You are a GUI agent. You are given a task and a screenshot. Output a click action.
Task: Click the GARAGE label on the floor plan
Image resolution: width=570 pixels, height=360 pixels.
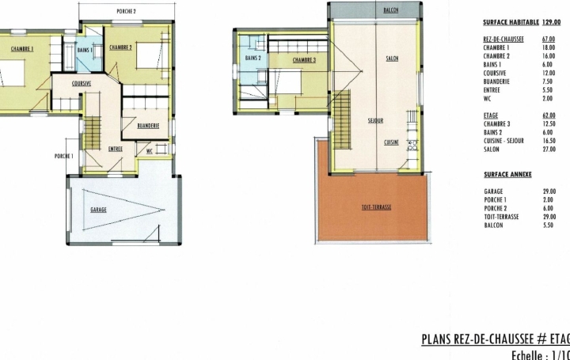(99, 210)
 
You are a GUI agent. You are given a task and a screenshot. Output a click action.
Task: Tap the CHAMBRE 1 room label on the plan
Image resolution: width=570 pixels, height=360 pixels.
(22, 48)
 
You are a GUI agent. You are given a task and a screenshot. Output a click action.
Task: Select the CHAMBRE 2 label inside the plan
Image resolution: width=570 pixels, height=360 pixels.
(120, 47)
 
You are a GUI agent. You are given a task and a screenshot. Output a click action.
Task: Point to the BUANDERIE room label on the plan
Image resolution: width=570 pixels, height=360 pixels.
(148, 126)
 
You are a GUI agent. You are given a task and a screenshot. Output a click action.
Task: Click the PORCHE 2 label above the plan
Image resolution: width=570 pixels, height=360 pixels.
(126, 12)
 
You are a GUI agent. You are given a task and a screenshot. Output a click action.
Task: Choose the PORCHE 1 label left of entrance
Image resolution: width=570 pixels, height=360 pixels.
(64, 156)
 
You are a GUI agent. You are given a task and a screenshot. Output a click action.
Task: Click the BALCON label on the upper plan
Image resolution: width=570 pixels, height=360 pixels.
(390, 10)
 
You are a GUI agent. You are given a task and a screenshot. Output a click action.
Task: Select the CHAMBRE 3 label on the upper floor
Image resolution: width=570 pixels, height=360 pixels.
(304, 59)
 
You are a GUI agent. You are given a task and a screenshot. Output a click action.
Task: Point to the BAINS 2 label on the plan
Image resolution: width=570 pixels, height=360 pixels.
(253, 59)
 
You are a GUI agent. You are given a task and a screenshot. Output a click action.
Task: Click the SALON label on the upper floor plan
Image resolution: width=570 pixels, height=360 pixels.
(392, 59)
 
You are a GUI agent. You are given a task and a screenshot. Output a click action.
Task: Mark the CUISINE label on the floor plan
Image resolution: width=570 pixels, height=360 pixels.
(391, 142)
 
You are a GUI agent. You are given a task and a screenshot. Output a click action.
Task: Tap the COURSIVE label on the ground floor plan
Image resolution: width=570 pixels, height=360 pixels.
(82, 83)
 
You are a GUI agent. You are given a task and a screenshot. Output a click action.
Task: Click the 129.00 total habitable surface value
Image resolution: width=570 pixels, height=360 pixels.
(551, 23)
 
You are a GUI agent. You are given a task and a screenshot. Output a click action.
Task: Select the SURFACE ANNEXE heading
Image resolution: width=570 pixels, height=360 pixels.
(507, 174)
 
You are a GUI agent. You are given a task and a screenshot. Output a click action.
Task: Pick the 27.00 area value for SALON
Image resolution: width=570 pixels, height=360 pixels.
(549, 149)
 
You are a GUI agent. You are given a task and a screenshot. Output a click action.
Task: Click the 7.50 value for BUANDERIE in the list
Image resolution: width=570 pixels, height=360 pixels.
(548, 81)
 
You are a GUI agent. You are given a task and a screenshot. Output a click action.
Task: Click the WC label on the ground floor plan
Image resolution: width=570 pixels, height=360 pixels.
(148, 150)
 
